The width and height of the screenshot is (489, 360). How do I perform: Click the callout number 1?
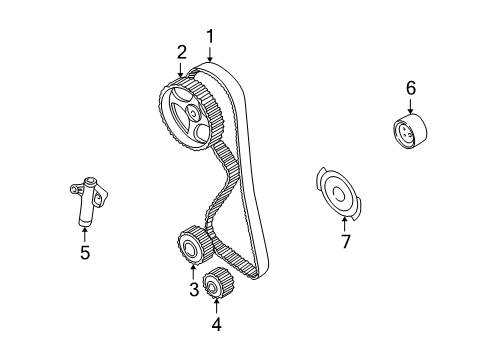coord(211,37)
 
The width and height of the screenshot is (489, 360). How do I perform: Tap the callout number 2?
coord(182,51)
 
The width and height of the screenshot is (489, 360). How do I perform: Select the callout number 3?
coord(194,291)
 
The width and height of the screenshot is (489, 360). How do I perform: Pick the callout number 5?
coord(85,253)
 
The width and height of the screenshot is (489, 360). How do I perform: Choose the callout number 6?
coord(409,89)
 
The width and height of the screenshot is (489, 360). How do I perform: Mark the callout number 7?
coord(345,241)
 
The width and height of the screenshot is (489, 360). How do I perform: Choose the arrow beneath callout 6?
coord(409,107)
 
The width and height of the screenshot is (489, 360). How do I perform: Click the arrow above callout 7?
coord(345,220)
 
